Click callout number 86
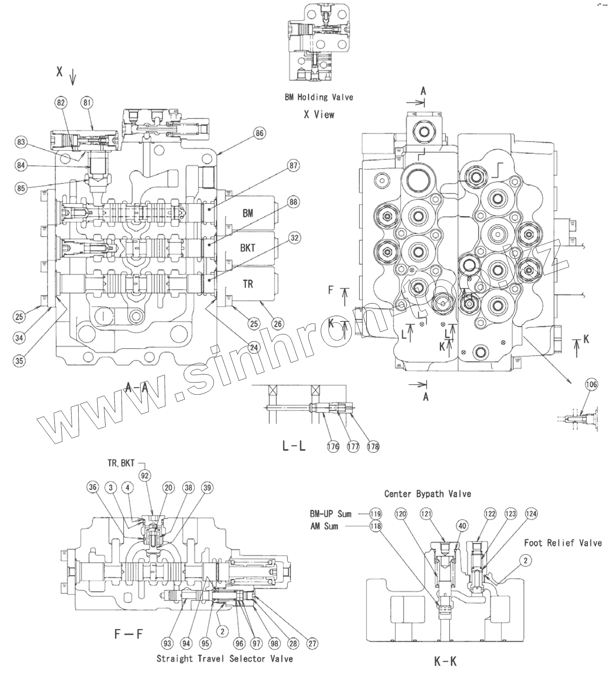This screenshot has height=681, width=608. pos(259,133)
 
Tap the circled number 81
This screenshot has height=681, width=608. pos(87,103)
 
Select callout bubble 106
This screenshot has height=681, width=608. pos(591,384)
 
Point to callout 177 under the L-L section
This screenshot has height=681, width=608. pos(353,447)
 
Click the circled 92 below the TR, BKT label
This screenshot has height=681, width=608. pos(145,475)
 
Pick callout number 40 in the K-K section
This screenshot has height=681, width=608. pos(462,526)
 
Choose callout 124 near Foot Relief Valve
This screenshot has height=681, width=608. pos(531,514)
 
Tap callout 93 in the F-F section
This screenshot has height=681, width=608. pos(167,643)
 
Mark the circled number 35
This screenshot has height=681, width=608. pos(19,360)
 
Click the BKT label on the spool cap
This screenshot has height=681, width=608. pos(248,248)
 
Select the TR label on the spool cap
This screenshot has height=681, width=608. pos(248,284)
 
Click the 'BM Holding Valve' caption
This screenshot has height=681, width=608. pos(319,97)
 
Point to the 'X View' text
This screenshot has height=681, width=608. pos(319,115)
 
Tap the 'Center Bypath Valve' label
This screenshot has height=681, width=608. pos(428,494)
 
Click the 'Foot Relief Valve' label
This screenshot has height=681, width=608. pos(563,543)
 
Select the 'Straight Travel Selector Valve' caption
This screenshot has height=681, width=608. pos(225,659)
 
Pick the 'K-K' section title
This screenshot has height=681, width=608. pos(445,661)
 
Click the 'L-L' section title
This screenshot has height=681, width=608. pos(294,447)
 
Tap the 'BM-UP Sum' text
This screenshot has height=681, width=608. pos(331,514)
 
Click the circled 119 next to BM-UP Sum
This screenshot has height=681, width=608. pos(375,514)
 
